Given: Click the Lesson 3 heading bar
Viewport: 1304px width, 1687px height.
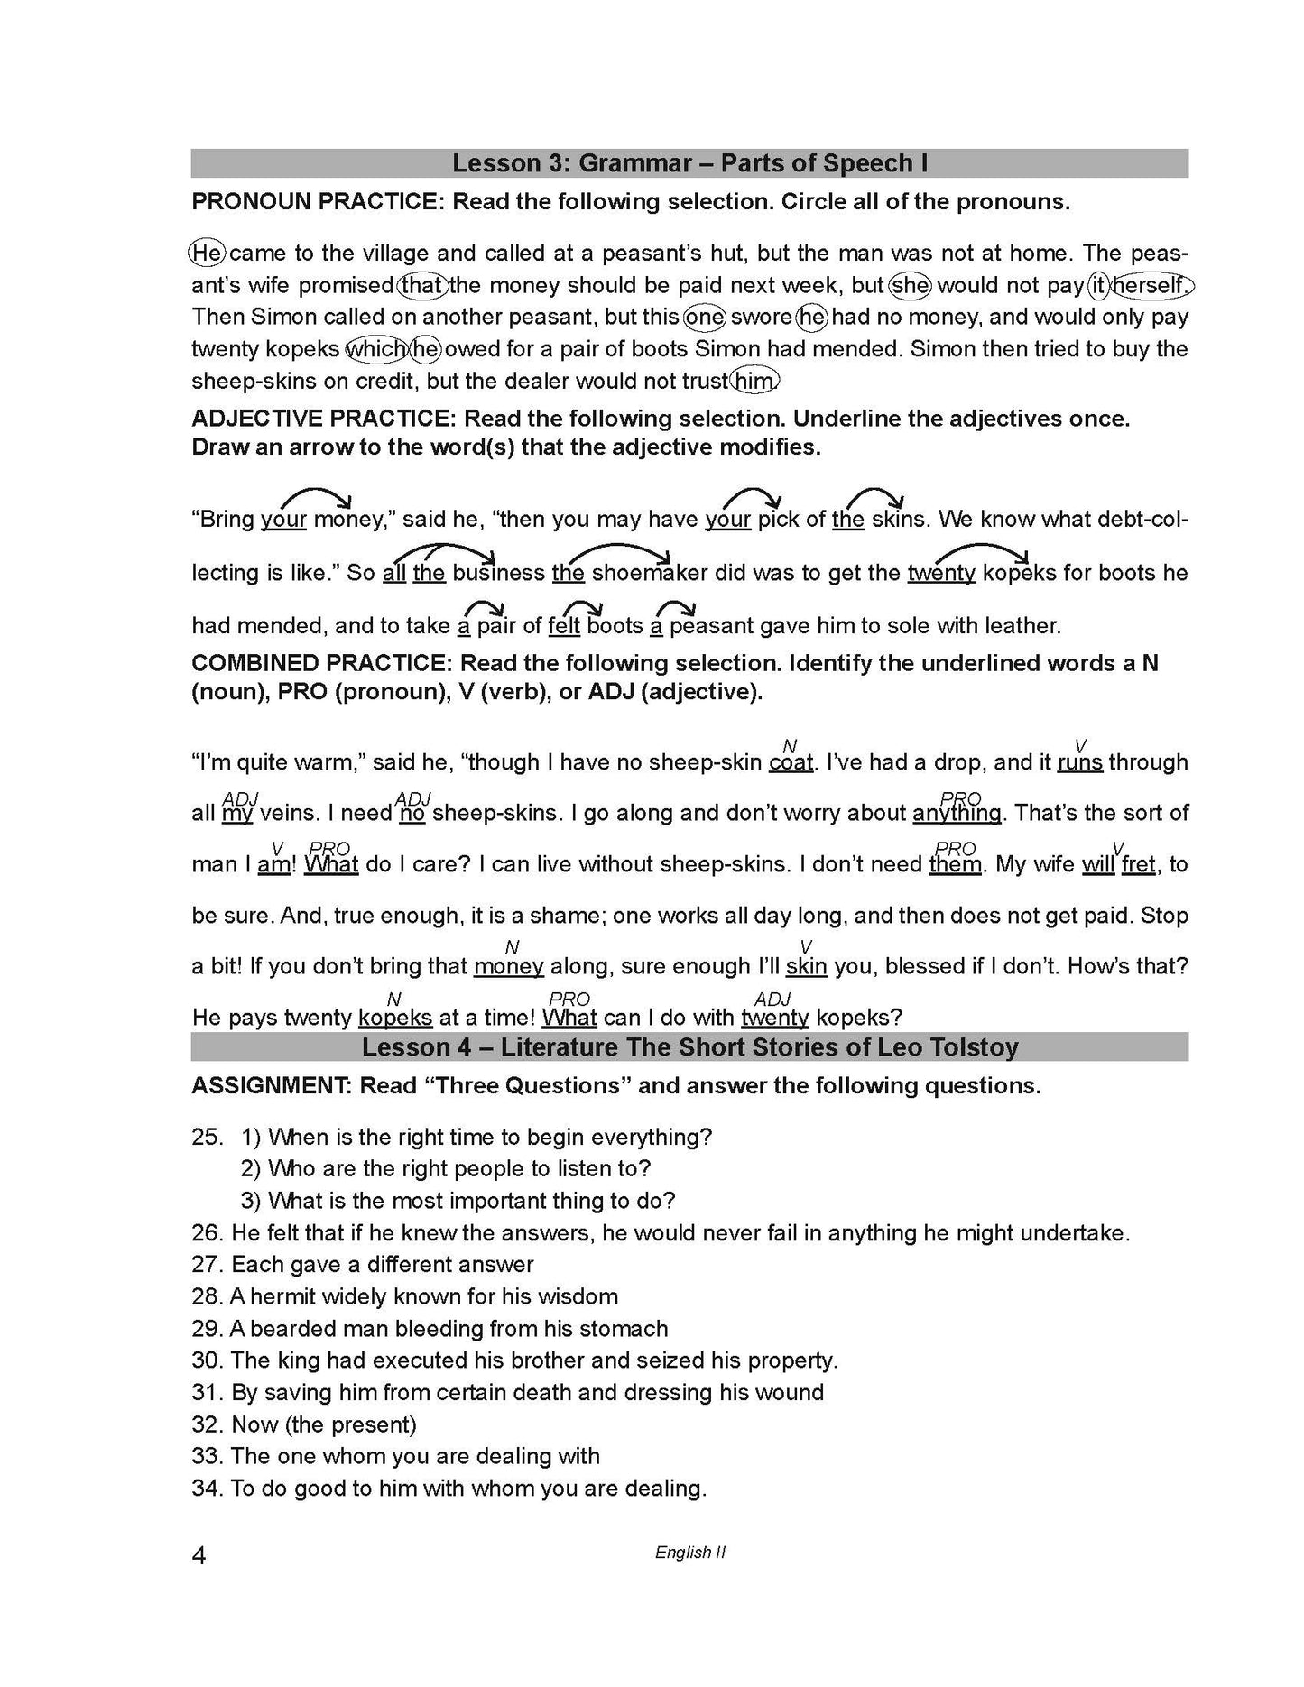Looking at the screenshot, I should click(x=689, y=163).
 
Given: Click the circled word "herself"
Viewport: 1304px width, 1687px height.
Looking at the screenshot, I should click(x=1150, y=286).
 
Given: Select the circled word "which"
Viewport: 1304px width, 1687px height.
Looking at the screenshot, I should click(x=376, y=349).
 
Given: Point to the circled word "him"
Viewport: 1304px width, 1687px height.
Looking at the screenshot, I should click(x=754, y=382).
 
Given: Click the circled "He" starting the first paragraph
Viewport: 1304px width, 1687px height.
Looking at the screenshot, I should click(x=207, y=254).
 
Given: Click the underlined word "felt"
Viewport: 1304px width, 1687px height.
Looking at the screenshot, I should click(x=564, y=626).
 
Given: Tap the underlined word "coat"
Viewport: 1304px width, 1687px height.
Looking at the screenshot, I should click(x=791, y=763).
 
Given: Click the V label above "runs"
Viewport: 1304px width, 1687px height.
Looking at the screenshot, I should click(x=1080, y=745).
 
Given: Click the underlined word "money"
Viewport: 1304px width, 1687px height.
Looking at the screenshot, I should click(x=509, y=967).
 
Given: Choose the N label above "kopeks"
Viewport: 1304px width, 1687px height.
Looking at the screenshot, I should click(x=393, y=999).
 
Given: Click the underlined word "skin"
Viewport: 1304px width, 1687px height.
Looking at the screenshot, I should click(x=806, y=967).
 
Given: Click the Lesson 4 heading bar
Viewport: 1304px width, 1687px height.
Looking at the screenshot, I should click(x=689, y=1047).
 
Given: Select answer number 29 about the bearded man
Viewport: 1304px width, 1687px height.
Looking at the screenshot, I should click(x=430, y=1329).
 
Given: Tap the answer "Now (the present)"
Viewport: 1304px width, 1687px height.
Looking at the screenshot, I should click(x=323, y=1424).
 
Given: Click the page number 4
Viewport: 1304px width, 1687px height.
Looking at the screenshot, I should click(x=199, y=1556).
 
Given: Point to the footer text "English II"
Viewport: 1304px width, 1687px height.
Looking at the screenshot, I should click(x=690, y=1553).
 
